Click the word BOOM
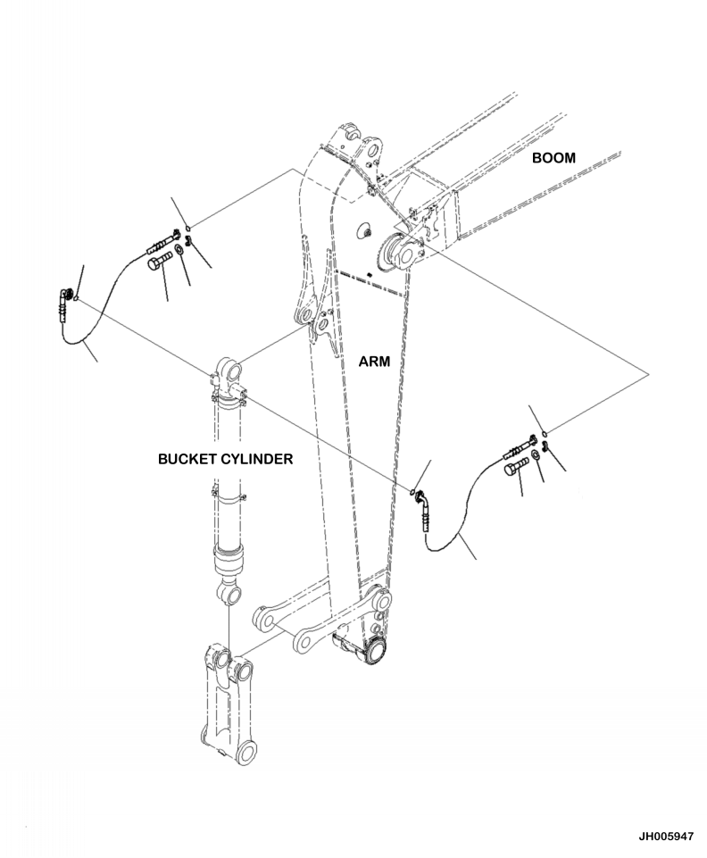(x=553, y=158)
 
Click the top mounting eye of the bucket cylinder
(x=228, y=370)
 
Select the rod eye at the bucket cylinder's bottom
(x=229, y=593)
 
